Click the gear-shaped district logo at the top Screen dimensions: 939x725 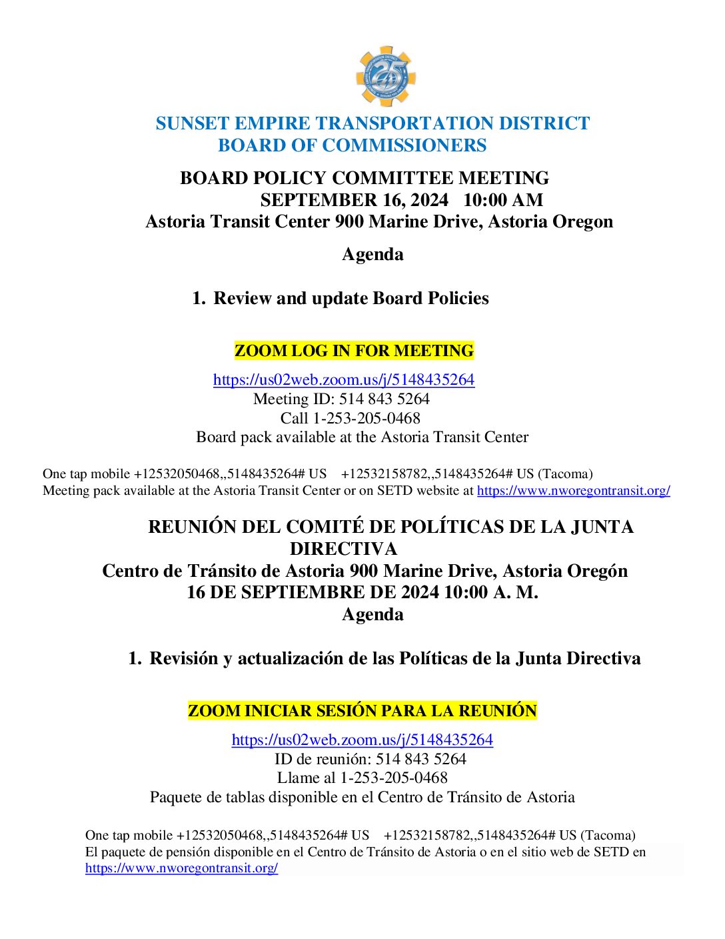tap(385, 76)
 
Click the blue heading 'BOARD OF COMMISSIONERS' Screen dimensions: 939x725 tap(352, 145)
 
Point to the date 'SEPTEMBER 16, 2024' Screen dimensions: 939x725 tap(354, 200)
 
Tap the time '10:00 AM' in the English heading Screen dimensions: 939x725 tap(503, 200)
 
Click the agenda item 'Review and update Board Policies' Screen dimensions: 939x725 tap(351, 298)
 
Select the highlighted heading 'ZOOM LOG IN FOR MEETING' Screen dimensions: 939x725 tap(354, 351)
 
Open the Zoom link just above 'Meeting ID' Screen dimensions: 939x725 tap(344, 379)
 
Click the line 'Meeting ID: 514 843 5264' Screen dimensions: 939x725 tap(341, 399)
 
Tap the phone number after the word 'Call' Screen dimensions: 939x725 tap(366, 418)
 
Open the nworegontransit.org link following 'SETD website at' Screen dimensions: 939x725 tap(573, 491)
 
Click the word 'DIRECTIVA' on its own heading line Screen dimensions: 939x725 tap(343, 549)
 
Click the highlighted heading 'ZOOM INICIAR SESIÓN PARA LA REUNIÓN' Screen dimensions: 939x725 tap(362, 711)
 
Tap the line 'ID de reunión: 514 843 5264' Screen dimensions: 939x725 tap(370, 759)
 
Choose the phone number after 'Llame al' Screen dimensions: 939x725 tap(394, 778)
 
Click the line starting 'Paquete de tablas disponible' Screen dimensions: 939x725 tap(362, 797)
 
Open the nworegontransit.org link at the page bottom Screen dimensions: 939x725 tap(181, 868)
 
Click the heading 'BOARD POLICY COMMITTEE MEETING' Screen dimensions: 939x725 tap(364, 178)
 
